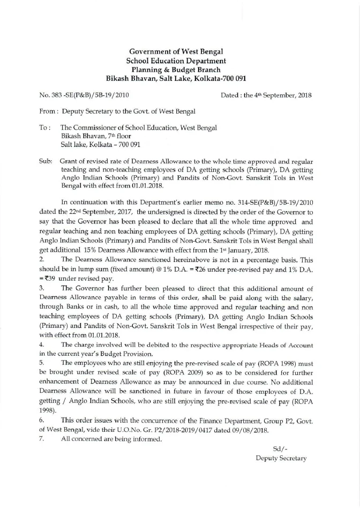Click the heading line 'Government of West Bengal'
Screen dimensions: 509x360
pos(179,51)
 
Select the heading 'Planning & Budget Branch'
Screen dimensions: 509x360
pos(179,69)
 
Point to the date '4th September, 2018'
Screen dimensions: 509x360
pos(282,95)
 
